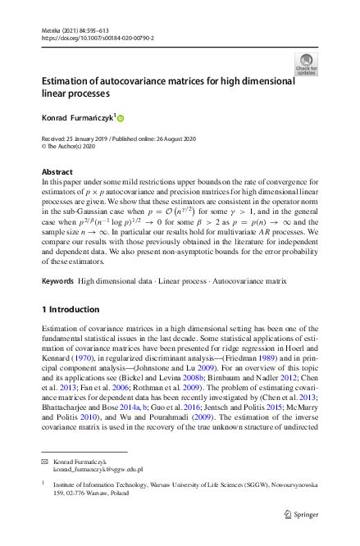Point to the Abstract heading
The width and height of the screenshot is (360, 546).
point(57,171)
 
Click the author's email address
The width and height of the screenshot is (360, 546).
point(98,470)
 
